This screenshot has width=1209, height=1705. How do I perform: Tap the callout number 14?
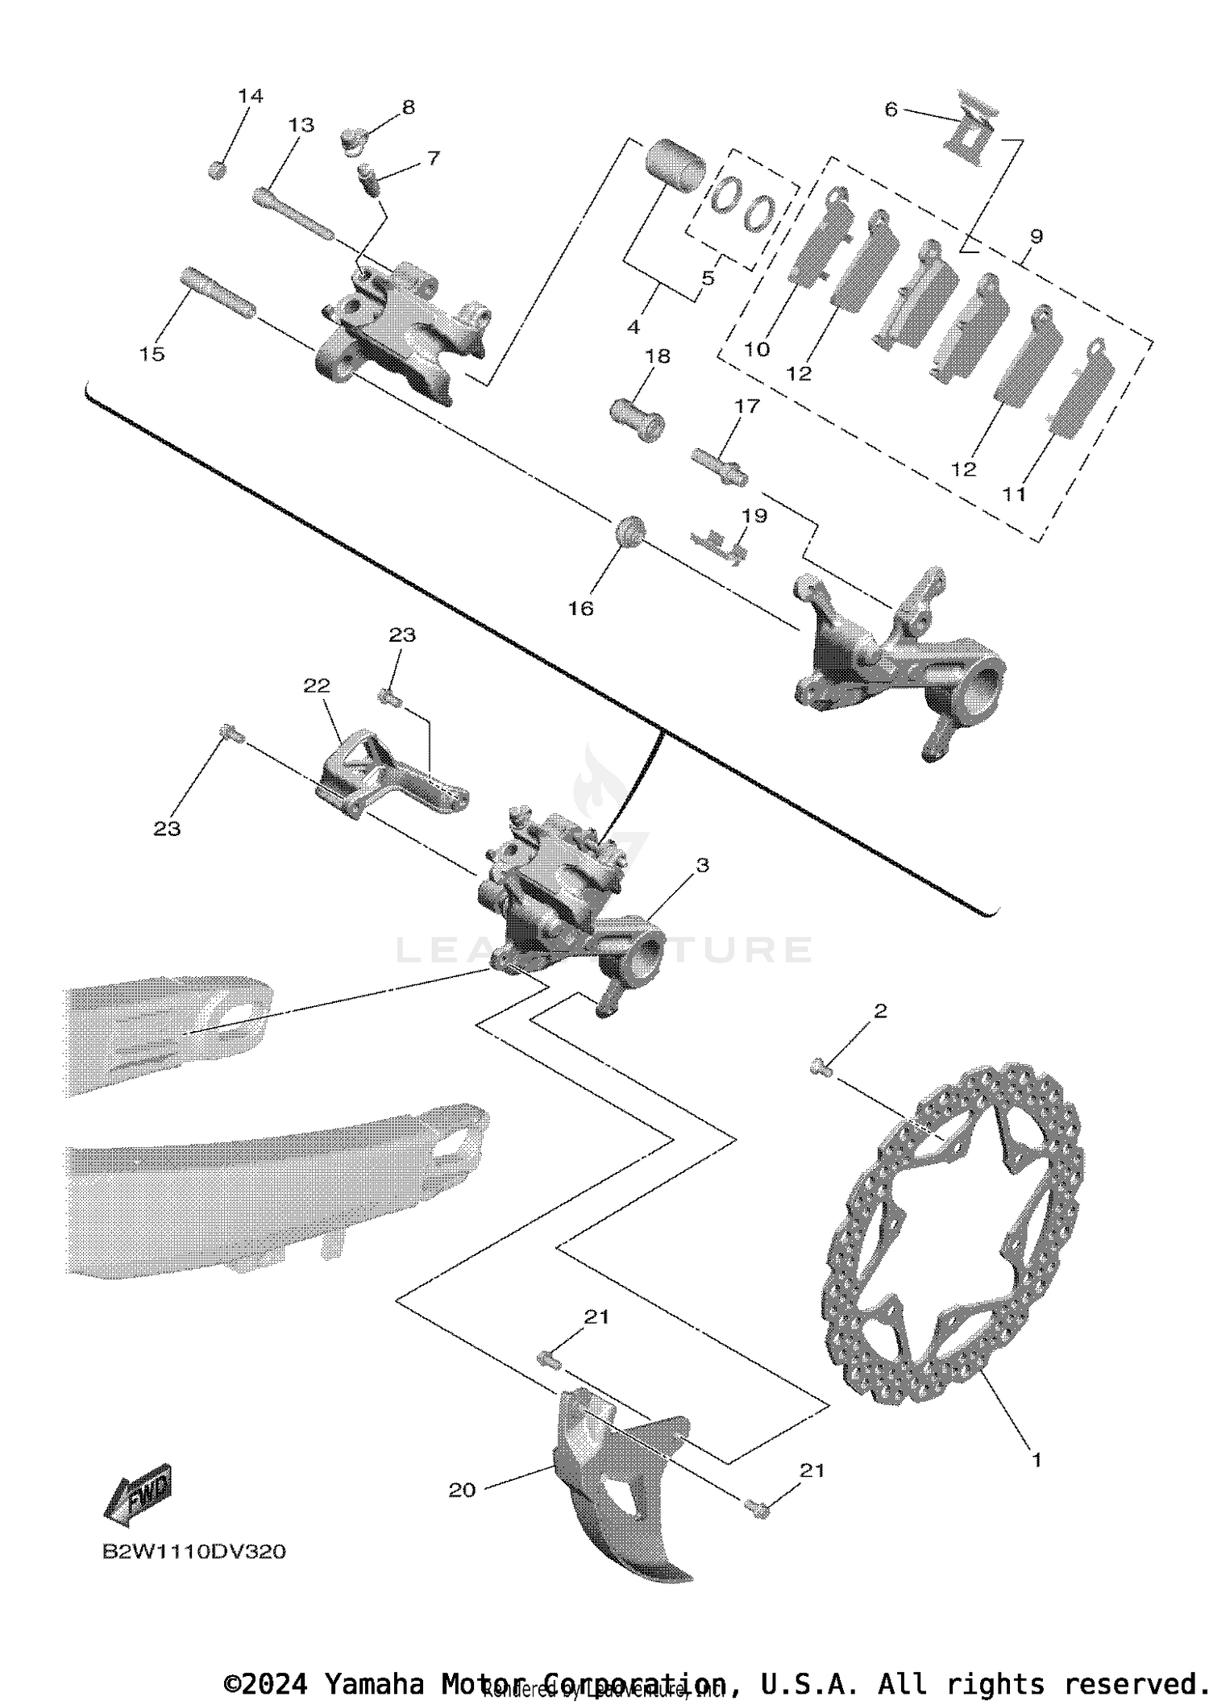tap(250, 96)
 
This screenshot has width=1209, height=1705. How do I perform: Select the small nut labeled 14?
tap(216, 170)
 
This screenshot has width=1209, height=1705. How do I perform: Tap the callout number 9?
tap(1036, 236)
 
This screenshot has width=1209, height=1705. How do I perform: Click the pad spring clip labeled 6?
tap(971, 129)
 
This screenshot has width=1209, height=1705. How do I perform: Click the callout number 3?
tap(702, 865)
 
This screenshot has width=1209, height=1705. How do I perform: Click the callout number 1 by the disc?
tap(1037, 1459)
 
